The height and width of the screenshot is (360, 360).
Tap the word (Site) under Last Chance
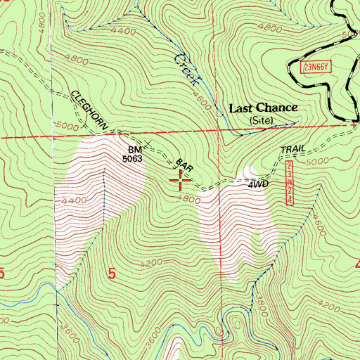[264, 121]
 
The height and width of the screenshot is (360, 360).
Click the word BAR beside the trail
[184, 165]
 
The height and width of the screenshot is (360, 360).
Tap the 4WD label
[258, 186]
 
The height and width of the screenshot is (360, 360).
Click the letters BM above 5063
[135, 150]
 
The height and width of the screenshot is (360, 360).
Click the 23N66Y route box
[318, 66]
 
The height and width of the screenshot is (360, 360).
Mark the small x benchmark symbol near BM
[148, 143]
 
